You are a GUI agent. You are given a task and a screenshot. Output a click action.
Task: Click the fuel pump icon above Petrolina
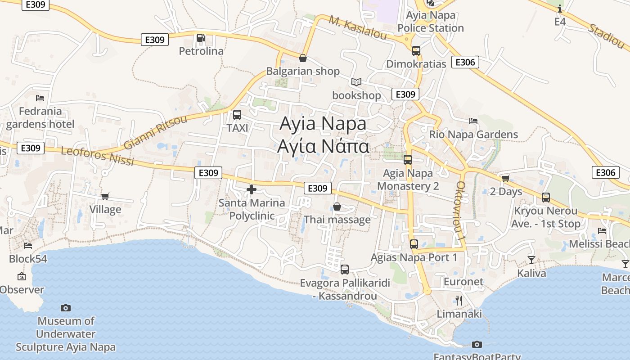point(201,38)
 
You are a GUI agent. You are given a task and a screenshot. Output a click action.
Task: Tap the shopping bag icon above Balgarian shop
point(303,58)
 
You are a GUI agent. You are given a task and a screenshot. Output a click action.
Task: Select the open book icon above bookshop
point(356,82)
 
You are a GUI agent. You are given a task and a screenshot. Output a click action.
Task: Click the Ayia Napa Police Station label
point(431,22)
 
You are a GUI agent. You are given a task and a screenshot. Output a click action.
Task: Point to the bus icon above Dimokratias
point(416,51)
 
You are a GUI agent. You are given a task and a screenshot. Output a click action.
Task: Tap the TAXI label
point(238,128)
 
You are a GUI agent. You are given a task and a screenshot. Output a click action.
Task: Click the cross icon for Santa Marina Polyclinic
point(252,189)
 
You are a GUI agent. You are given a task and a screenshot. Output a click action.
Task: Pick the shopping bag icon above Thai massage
point(337,207)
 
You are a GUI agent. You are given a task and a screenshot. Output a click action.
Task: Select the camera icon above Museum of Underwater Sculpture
point(66,308)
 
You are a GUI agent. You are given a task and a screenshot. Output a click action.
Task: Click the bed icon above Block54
point(28,246)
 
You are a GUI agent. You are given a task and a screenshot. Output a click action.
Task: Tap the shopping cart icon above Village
point(105,196)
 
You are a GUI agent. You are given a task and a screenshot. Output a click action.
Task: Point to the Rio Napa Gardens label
point(473,134)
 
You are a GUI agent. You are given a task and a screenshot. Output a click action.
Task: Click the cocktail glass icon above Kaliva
point(531,260)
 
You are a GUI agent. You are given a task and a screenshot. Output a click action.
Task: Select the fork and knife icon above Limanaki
point(459,300)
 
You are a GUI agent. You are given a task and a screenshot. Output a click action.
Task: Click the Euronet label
point(463,282)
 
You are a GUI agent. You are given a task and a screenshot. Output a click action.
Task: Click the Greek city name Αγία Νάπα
point(323,146)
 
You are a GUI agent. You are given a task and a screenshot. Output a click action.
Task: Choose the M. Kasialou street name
point(358,28)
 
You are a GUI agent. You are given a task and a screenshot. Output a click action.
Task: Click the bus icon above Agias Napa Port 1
point(414,244)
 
